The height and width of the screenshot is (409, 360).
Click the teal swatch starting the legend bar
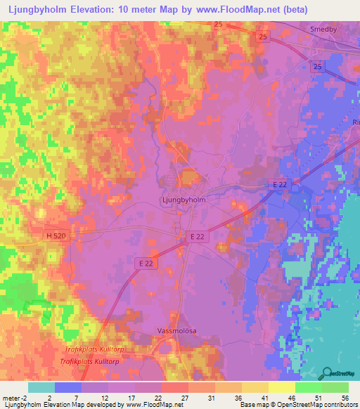[41, 387]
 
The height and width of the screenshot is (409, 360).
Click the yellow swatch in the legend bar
[281, 387]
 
